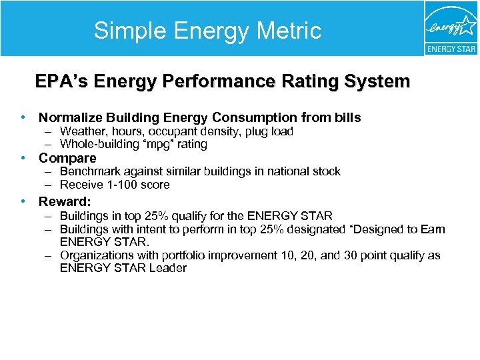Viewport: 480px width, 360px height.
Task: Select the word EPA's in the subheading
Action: tap(62, 82)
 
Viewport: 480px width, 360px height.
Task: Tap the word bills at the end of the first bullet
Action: tap(347, 118)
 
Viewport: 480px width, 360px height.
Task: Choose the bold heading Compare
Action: tap(67, 159)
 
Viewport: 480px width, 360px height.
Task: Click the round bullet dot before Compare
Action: tap(23, 159)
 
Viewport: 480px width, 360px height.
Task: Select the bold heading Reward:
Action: tap(65, 201)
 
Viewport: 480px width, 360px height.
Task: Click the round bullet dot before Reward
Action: tap(23, 201)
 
